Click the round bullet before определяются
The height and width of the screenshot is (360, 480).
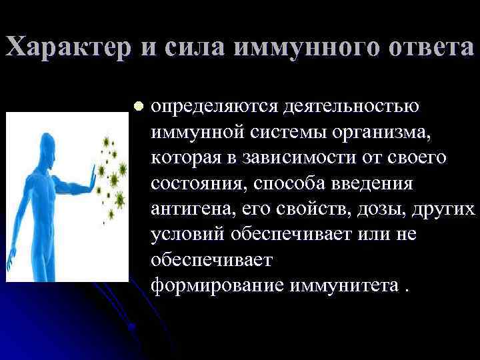tap(138, 106)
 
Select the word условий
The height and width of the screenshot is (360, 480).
tap(188, 234)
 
